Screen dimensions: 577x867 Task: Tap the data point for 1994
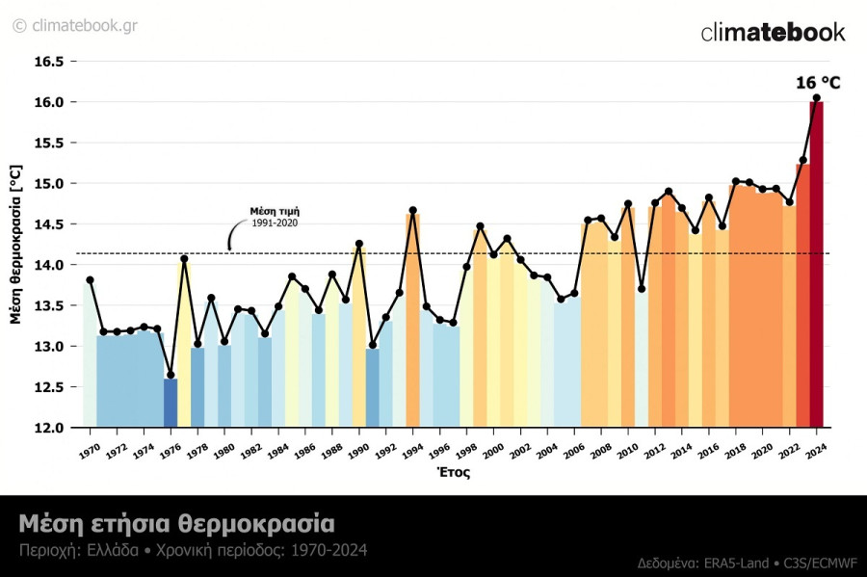412,210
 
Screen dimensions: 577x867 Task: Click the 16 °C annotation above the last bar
818,83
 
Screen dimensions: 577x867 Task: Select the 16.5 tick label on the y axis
49,62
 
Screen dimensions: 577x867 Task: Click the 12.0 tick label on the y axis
49,428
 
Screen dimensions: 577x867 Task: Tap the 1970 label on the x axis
89,451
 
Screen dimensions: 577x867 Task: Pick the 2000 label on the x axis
492,451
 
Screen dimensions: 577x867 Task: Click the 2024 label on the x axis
815,451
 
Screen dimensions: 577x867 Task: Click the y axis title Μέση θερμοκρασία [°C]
15,244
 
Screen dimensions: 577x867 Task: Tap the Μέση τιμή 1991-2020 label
275,217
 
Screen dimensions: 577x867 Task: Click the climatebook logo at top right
773,32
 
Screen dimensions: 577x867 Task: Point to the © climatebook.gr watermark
74,25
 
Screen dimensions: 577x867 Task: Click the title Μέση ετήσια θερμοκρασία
176,524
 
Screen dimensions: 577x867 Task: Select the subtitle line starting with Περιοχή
193,551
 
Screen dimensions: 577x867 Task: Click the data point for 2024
816,97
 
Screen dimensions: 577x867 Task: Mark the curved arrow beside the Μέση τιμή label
234,235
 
